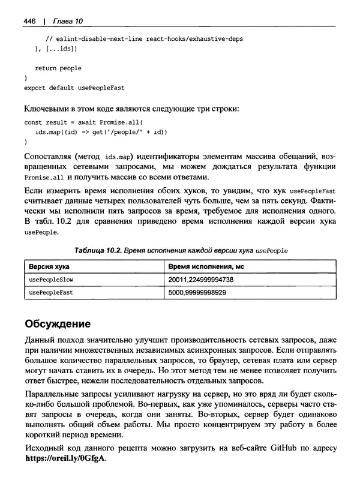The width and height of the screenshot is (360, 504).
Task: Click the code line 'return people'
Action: (58, 68)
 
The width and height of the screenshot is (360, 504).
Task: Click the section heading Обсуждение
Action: (58, 325)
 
